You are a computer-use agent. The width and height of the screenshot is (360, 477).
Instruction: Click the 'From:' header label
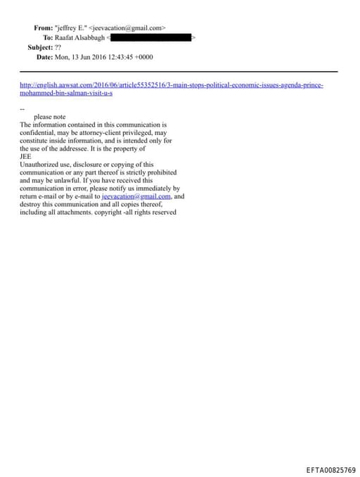coord(43,27)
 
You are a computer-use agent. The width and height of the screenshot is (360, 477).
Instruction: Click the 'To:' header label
coord(48,37)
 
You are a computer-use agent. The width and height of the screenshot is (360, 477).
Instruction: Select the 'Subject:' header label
coord(40,47)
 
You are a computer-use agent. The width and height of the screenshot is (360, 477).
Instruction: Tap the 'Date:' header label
coord(44,56)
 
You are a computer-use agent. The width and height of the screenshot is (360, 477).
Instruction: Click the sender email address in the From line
coord(127,27)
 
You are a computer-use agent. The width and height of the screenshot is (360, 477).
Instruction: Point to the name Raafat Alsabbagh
coord(79,37)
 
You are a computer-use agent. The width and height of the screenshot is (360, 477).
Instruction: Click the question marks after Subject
coord(58,47)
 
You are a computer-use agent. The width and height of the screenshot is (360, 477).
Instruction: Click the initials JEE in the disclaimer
coord(25,156)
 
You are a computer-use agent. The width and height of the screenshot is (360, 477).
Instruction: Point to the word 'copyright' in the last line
coord(109,212)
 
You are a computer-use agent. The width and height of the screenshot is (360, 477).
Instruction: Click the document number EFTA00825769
coord(331,470)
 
